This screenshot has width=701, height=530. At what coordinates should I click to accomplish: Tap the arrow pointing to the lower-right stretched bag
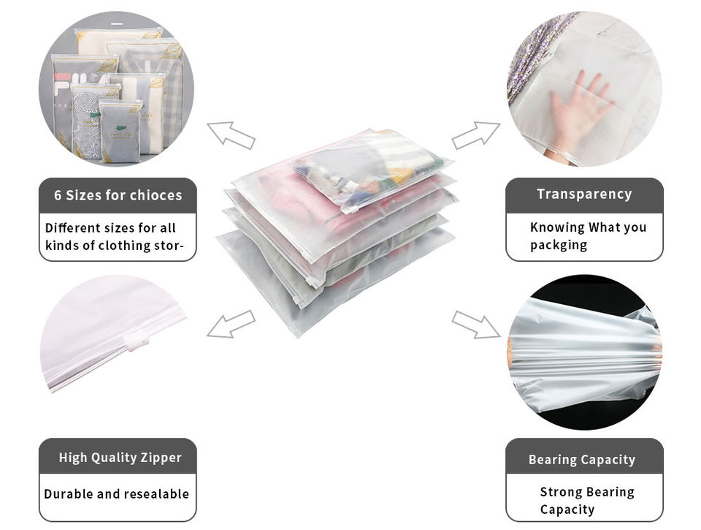tap(475, 324)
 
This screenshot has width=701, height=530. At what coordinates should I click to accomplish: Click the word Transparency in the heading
tap(584, 194)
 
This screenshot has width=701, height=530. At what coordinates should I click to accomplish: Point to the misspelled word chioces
tap(156, 195)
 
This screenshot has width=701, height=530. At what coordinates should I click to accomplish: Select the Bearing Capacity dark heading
tap(582, 460)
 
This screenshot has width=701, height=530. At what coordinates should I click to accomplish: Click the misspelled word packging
tap(559, 245)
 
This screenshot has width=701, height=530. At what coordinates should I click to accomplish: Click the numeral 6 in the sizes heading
tap(58, 195)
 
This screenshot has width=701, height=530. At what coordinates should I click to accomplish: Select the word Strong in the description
tap(562, 492)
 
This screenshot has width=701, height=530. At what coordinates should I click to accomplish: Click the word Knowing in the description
tap(557, 227)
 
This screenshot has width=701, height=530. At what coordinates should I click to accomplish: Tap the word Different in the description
tap(70, 227)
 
